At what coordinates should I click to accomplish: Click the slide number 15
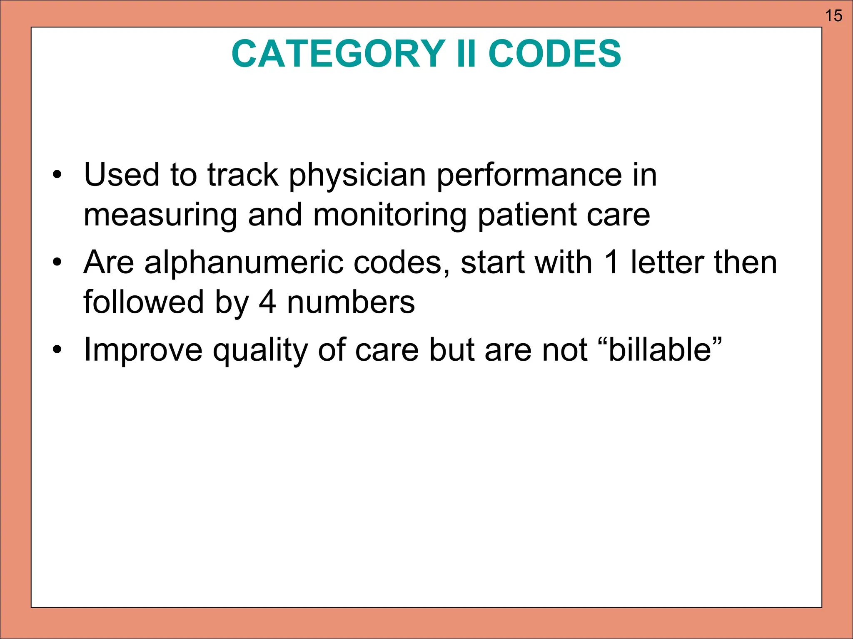[833, 16]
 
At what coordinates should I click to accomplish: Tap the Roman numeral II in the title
[466, 54]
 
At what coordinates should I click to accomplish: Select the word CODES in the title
[554, 54]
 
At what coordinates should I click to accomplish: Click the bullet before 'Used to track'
[57, 175]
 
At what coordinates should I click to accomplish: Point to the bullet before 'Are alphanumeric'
[57, 263]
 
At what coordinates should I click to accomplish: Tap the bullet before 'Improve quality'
[57, 350]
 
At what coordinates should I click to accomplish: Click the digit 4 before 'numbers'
[267, 302]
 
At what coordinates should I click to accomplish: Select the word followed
[143, 302]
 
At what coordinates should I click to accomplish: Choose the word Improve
[143, 351]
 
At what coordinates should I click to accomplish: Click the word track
[243, 175]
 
